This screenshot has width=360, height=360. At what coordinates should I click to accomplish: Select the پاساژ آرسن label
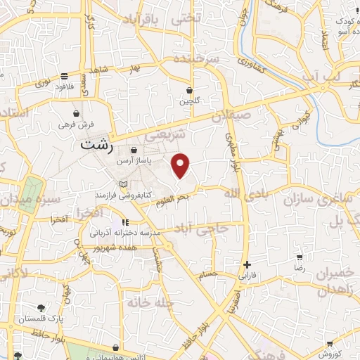point(134,160)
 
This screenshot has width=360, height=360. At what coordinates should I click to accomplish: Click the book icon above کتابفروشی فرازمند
point(124,184)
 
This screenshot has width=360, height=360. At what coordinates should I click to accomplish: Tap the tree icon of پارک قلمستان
point(41,308)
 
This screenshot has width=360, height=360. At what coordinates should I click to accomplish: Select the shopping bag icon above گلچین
point(189,90)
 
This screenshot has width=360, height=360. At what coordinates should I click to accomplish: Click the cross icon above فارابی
point(247,266)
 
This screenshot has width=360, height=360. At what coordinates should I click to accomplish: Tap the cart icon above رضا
point(300,258)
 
